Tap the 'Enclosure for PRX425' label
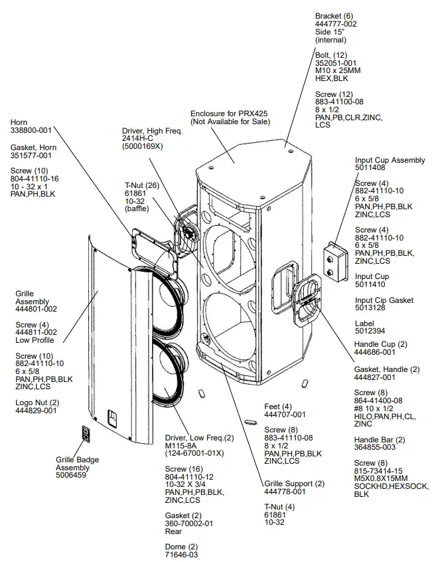229,114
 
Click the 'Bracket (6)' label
334,15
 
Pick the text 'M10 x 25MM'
338,70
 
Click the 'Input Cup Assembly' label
390,160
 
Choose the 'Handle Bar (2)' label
380,440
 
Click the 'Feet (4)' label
277,406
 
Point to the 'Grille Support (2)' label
295,483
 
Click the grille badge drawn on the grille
86,433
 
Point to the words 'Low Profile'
35,340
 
